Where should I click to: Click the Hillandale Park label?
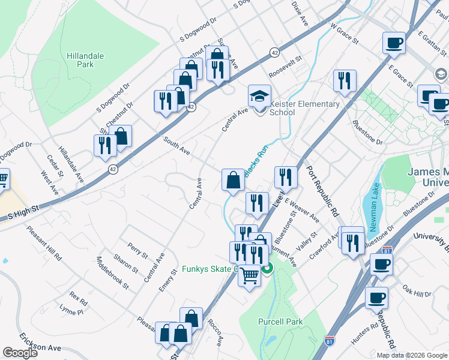(85, 60)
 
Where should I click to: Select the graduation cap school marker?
(259, 97)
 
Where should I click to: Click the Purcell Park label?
(280, 322)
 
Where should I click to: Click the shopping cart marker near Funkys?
(249, 276)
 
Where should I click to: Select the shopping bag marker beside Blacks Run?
(233, 179)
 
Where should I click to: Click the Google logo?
(20, 353)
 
